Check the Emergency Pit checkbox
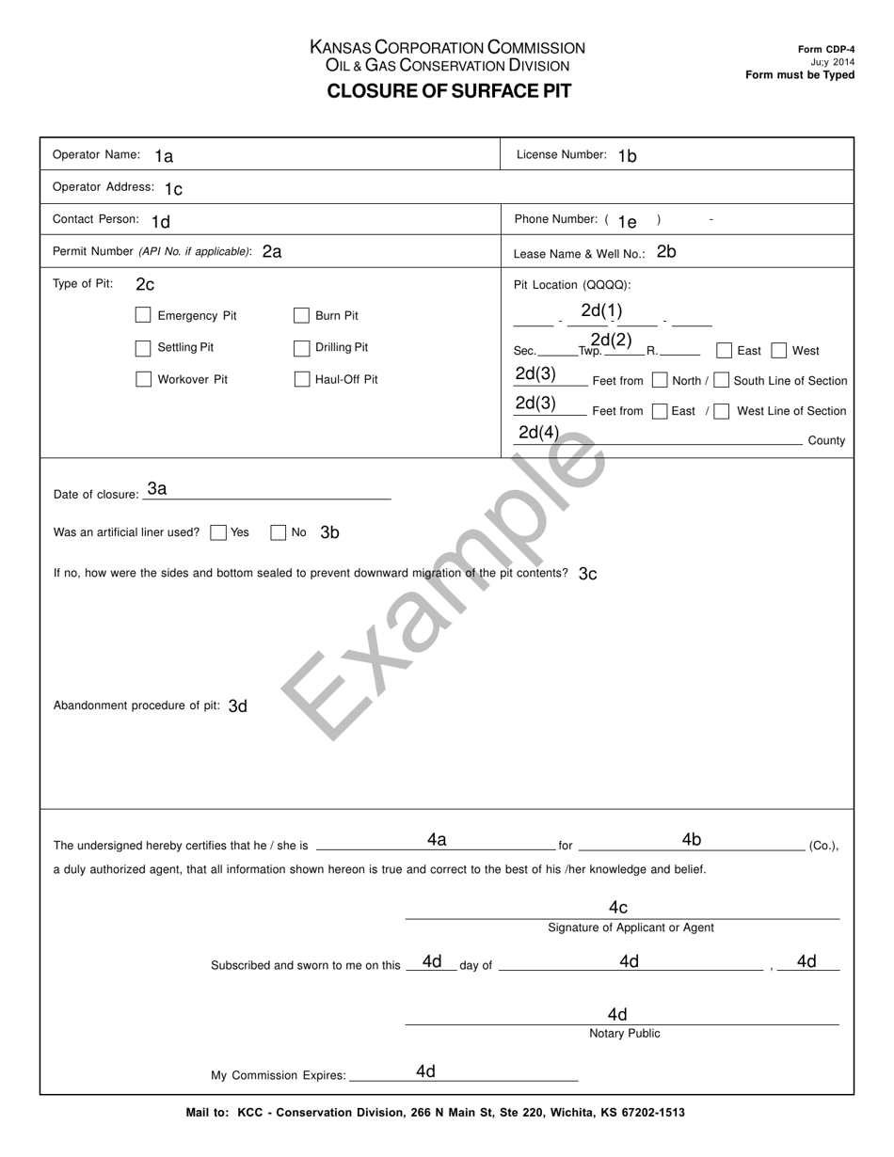coord(143,315)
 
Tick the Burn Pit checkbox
coord(302,315)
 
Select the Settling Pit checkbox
coord(143,348)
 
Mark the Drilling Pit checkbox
coord(302,348)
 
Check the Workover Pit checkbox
coord(143,379)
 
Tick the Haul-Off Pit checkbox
coord(302,379)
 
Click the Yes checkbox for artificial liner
coord(218,532)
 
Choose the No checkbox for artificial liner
coord(278,532)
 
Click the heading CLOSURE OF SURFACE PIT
coord(449,91)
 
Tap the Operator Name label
coord(96,154)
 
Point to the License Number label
coord(562,154)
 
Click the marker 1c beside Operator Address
coord(173,189)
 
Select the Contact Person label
coord(96,219)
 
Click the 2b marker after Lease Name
coord(666,251)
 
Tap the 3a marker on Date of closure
coord(157,488)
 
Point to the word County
coord(826,440)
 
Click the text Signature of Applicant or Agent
coord(631,927)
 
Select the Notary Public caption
coord(624,1034)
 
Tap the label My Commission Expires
coord(279,1075)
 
